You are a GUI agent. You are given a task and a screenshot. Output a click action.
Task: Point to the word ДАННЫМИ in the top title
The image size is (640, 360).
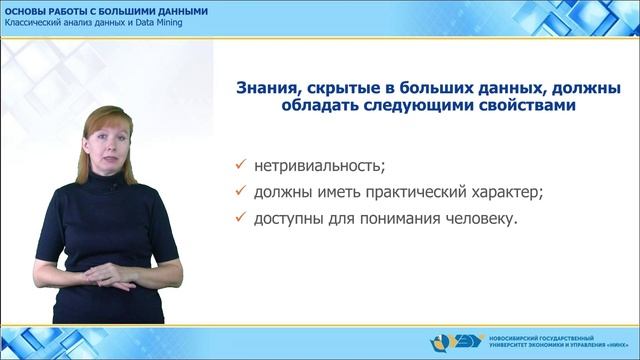coord(180,10)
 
